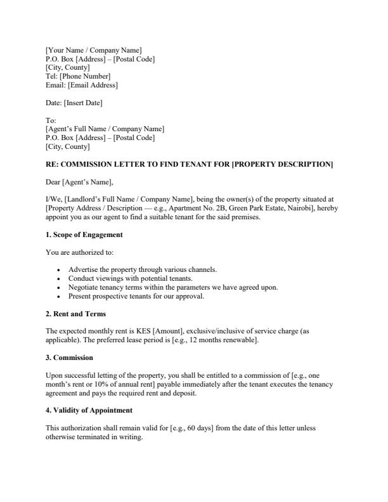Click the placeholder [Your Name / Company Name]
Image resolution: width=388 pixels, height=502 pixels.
pyautogui.click(x=94, y=50)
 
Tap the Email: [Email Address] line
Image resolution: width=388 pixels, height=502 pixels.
pyautogui.click(x=82, y=86)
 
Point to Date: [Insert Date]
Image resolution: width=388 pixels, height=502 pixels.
pyautogui.click(x=74, y=103)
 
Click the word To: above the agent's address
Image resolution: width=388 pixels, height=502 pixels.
pyautogui.click(x=51, y=120)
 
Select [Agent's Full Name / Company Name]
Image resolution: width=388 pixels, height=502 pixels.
pyautogui.click(x=105, y=129)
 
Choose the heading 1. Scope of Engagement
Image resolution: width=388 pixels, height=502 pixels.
pyautogui.click(x=84, y=235)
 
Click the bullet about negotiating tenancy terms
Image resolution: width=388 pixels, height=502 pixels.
pyautogui.click(x=173, y=287)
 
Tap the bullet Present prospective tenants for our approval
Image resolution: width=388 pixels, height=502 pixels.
pyautogui.click(x=136, y=296)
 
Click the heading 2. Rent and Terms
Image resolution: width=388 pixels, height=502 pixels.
pyautogui.click(x=75, y=314)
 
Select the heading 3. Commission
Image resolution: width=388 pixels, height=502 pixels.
pyautogui.click(x=69, y=358)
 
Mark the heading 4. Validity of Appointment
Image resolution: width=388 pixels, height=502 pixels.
pyautogui.click(x=89, y=411)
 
